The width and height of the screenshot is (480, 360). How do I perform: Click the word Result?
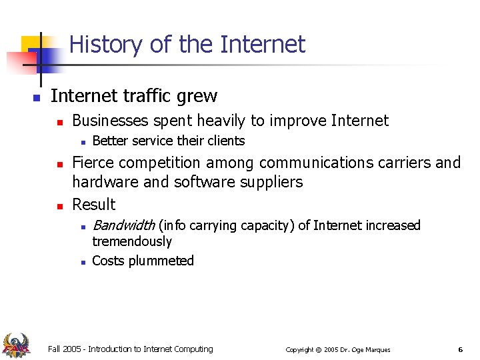point(94,204)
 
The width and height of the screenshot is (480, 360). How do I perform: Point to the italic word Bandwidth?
point(123,225)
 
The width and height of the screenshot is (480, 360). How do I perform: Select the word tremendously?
point(132,241)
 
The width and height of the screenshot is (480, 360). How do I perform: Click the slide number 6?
point(460,349)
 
